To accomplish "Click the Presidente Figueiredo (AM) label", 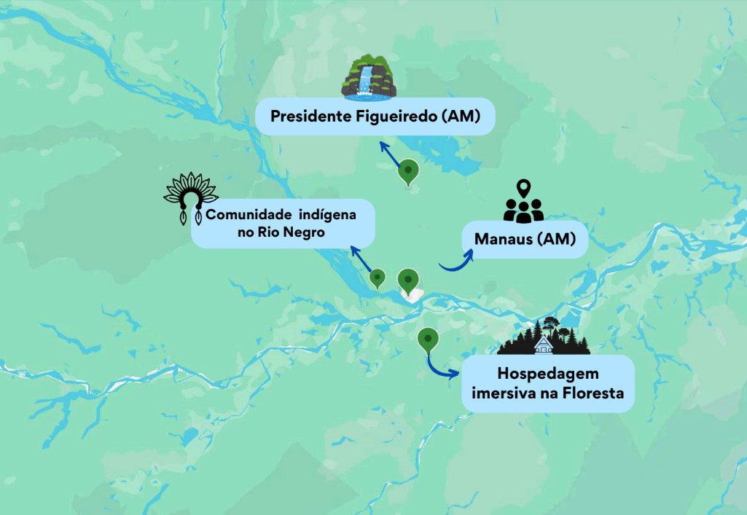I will coord(375,117).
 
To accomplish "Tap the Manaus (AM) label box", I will coord(525,239).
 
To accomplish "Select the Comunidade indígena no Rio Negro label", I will coord(283,224).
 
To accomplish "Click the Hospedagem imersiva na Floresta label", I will coord(547,384).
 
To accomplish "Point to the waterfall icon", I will coord(369,79).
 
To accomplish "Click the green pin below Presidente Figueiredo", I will coord(409,173).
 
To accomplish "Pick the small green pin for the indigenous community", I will coord(378,278).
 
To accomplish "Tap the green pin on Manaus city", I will coord(408,279).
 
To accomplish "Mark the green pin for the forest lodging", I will coord(427,339).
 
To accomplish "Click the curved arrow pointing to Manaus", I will coord(455,262).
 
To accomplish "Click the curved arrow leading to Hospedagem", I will coord(441,367).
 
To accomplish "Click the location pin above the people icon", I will coord(523,188).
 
